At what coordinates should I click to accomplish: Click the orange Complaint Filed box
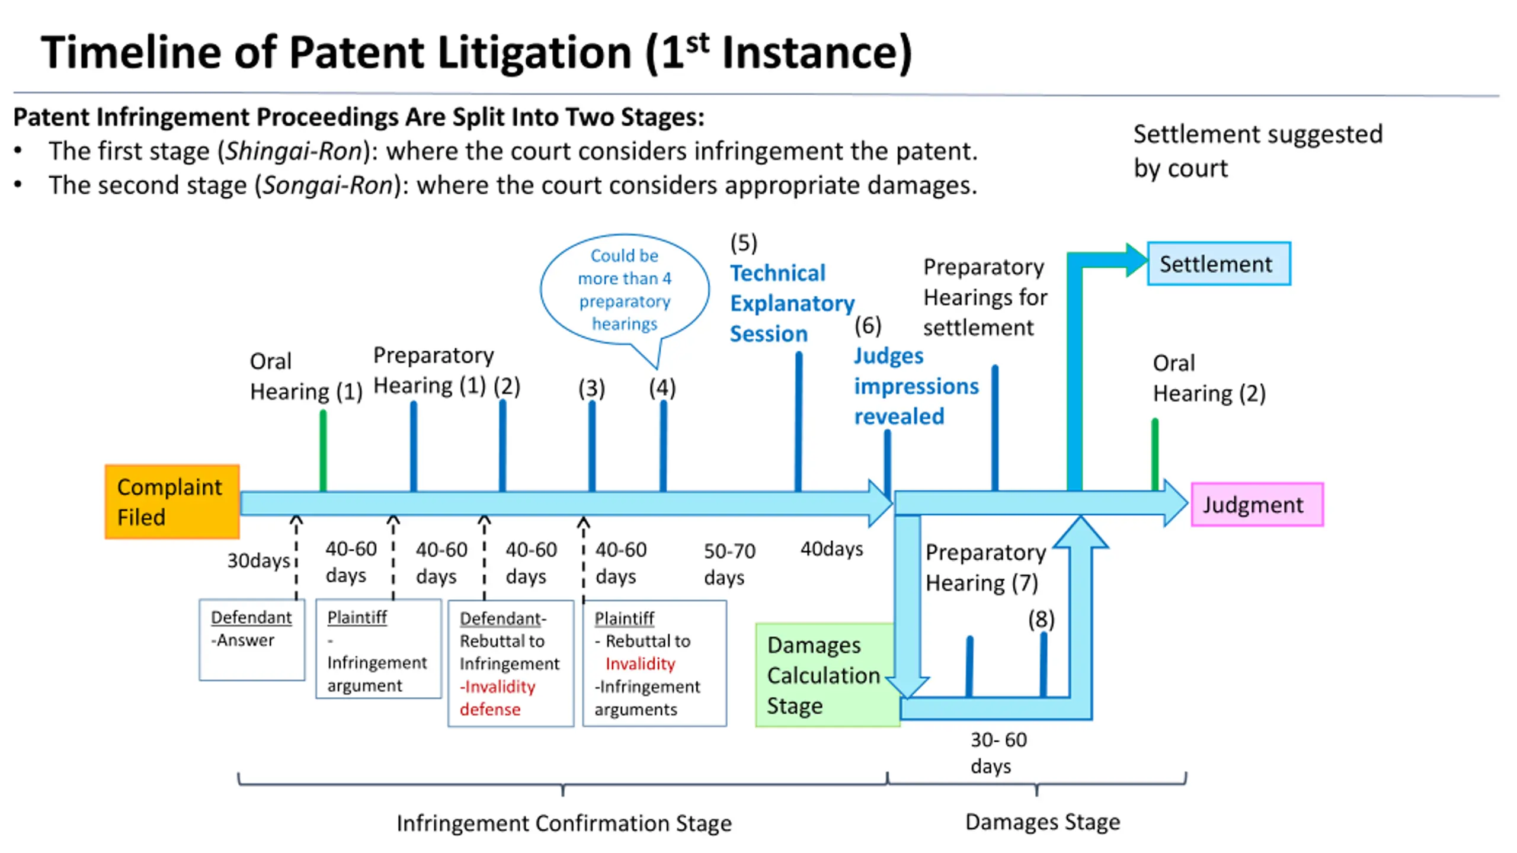[x=172, y=502]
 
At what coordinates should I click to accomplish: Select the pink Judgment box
[x=1257, y=505]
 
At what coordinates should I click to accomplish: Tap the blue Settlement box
[x=1219, y=264]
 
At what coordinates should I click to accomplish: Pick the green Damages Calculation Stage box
[x=827, y=675]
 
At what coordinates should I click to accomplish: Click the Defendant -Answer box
[x=252, y=640]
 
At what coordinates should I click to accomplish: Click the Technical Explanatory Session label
[x=792, y=303]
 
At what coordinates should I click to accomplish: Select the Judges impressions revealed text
[x=916, y=386]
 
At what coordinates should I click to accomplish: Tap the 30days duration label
[x=258, y=560]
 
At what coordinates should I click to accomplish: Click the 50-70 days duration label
[x=729, y=564]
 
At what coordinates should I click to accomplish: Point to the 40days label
[x=831, y=549]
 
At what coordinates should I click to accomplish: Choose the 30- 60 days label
[x=998, y=753]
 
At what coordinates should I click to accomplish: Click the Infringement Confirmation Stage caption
[x=564, y=823]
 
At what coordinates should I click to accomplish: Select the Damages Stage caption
[x=1043, y=822]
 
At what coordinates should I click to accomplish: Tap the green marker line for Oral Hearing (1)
[x=323, y=451]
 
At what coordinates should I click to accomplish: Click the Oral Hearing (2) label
[x=1209, y=379]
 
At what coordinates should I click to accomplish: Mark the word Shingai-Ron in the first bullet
[x=294, y=151]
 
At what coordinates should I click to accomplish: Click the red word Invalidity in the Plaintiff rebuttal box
[x=640, y=664]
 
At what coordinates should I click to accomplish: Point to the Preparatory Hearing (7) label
[x=985, y=567]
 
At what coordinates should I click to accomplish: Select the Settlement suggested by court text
[x=1258, y=151]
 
